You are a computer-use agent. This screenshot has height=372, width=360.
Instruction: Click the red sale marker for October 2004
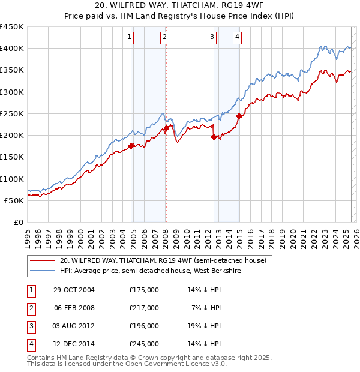coord(131,146)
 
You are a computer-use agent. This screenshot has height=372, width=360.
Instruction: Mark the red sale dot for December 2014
coord(239,116)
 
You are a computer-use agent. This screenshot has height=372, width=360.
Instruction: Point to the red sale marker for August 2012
coord(214,137)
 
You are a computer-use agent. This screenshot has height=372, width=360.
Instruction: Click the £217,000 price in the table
coord(144,308)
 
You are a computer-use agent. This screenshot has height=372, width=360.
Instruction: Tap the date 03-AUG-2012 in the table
coord(74,326)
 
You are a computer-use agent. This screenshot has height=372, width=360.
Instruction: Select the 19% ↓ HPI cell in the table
coord(204,326)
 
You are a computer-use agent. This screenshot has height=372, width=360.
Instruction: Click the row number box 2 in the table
coord(31,308)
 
